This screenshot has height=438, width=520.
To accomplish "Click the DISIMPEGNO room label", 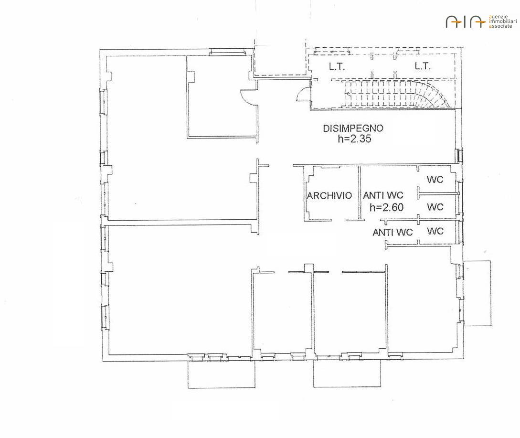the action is (353, 128).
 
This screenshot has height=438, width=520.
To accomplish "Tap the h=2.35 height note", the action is (354, 139).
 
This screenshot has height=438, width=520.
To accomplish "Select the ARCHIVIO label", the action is (329, 195).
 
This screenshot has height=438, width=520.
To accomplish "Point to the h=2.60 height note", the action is (386, 207).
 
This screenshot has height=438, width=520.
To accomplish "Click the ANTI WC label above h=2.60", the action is (383, 195).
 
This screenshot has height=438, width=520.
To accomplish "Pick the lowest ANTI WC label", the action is (393, 232).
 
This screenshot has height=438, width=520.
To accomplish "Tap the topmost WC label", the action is (435, 180).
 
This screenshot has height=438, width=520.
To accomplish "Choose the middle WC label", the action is (435, 207).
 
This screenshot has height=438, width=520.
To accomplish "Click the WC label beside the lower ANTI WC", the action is (435, 231).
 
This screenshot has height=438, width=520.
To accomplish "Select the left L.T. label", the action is (337, 67).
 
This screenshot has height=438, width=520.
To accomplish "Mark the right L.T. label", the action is (422, 66).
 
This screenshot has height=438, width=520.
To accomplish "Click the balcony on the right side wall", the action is (477, 293).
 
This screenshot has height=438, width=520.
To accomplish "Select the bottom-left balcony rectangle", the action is (221, 374).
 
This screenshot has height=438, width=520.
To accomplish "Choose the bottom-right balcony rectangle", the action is (347, 374).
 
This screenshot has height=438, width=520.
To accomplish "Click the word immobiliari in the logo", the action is (503, 21).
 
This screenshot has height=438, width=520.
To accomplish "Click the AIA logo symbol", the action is (466, 21).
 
